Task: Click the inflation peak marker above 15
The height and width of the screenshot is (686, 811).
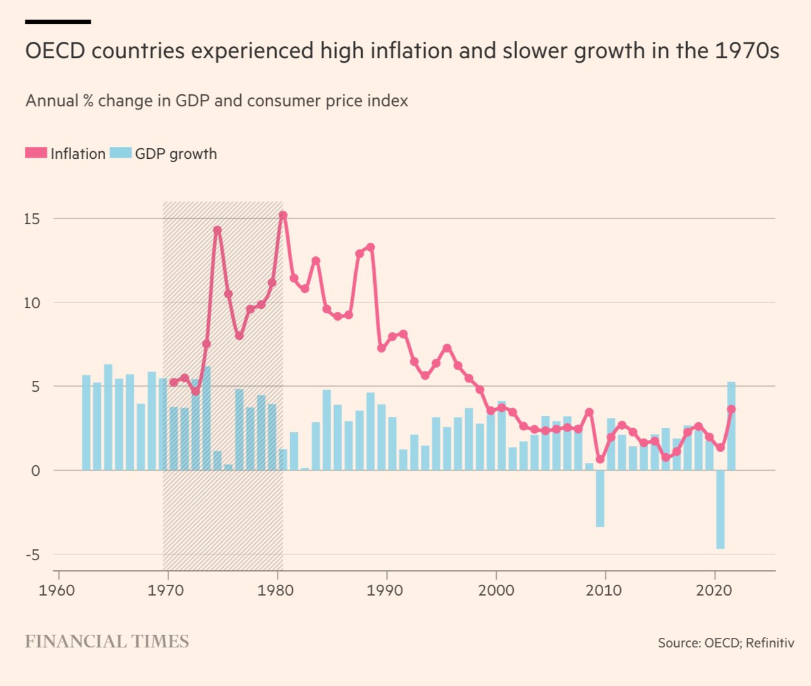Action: pyautogui.click(x=283, y=215)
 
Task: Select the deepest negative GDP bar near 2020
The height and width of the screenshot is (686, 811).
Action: pyautogui.click(x=720, y=509)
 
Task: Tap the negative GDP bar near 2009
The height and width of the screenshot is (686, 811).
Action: pyautogui.click(x=600, y=499)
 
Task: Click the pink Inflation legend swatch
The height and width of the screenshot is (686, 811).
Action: pyautogui.click(x=36, y=153)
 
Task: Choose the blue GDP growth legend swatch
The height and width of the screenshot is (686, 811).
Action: pyautogui.click(x=120, y=153)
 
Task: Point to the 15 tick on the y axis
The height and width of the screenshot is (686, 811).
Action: pyautogui.click(x=32, y=219)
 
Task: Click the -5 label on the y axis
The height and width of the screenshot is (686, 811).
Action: pyautogui.click(x=32, y=555)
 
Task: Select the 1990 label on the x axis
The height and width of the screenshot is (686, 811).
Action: pyautogui.click(x=385, y=590)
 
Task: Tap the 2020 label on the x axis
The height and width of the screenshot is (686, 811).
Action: pyautogui.click(x=713, y=590)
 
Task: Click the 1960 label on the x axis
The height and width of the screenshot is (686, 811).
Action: pyautogui.click(x=57, y=590)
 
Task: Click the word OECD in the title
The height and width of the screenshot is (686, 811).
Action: pyautogui.click(x=55, y=51)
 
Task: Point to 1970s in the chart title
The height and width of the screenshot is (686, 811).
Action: pyautogui.click(x=747, y=51)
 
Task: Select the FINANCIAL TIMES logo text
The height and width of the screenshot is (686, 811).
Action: pyautogui.click(x=106, y=642)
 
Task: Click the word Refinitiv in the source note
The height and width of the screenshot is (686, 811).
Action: pyautogui.click(x=770, y=643)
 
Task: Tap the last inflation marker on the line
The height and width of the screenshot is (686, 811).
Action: pyautogui.click(x=731, y=409)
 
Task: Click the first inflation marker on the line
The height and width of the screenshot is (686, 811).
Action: pyautogui.click(x=174, y=382)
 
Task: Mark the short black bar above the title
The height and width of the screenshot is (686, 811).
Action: pyautogui.click(x=58, y=22)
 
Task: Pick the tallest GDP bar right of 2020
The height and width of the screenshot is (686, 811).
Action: pyautogui.click(x=731, y=426)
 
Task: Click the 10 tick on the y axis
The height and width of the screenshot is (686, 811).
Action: pyautogui.click(x=32, y=303)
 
